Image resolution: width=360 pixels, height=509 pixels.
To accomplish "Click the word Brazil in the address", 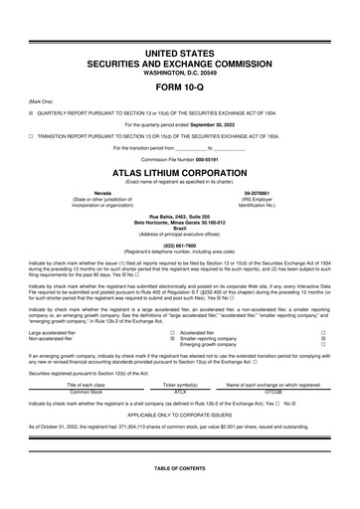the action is pos(180,227).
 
